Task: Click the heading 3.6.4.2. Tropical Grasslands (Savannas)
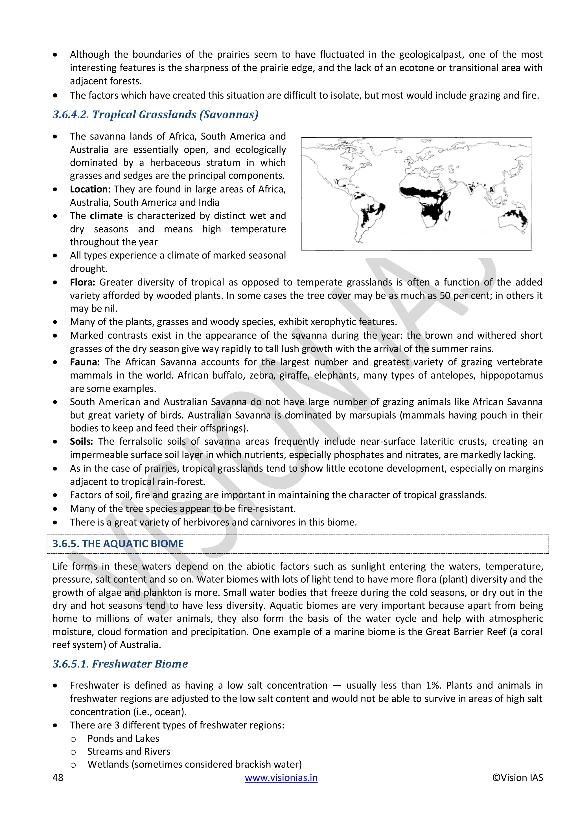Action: point(156,115)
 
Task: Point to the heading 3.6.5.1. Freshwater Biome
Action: point(120,664)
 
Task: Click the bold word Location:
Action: point(90,189)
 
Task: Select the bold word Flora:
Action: point(82,282)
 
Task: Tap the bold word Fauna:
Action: point(85,362)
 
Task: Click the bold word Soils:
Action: point(81,441)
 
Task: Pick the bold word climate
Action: point(106,216)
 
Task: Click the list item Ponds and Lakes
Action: point(123,739)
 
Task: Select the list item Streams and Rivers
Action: point(129,751)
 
